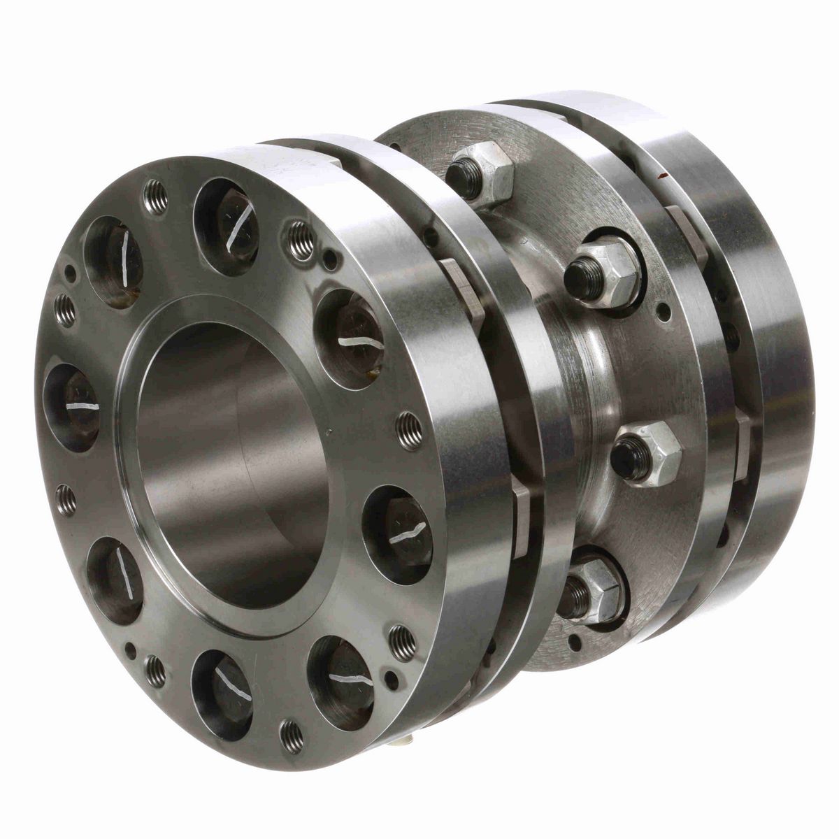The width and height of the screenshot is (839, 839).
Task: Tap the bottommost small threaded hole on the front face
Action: (291, 735)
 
